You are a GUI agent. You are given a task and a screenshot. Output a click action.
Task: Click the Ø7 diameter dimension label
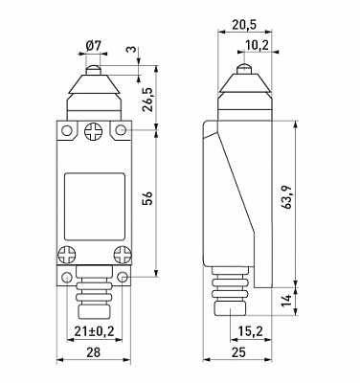pos(94,47)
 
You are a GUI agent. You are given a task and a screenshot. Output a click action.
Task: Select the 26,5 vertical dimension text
pos(148,99)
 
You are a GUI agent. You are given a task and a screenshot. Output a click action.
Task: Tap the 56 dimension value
pos(148,198)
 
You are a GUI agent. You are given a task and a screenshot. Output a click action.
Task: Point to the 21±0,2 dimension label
pos(94,331)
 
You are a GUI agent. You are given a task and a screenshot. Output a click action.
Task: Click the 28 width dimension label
pos(94,352)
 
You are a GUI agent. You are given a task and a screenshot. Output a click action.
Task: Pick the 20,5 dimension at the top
pos(244,25)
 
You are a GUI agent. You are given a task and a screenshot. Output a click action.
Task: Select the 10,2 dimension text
pos(257,46)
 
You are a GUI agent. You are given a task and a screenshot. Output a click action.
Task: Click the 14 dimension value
pos(287,301)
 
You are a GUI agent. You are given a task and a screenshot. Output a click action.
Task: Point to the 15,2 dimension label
pos(251,332)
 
